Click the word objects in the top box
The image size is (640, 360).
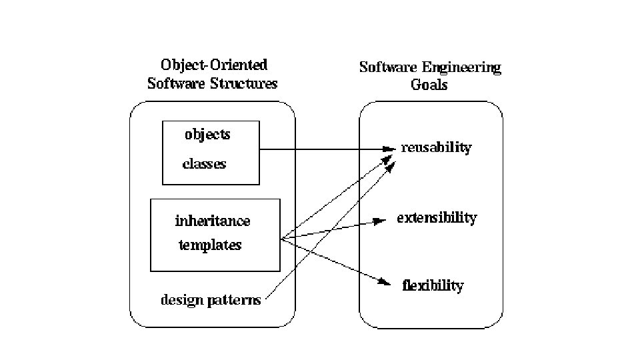click(207, 134)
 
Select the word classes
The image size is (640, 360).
click(205, 164)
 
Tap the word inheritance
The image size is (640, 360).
click(213, 221)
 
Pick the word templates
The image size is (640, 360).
click(210, 245)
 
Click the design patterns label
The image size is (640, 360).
click(211, 300)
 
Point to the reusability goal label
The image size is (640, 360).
click(436, 148)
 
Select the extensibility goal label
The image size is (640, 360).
click(437, 218)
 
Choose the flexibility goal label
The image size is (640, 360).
click(433, 286)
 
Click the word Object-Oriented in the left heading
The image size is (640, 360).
click(214, 65)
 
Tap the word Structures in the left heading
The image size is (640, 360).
click(244, 84)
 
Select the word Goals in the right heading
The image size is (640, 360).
click(429, 85)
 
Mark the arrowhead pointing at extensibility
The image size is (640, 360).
click(379, 221)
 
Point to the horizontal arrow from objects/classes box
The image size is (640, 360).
click(320, 149)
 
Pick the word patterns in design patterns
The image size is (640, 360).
click(234, 300)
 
